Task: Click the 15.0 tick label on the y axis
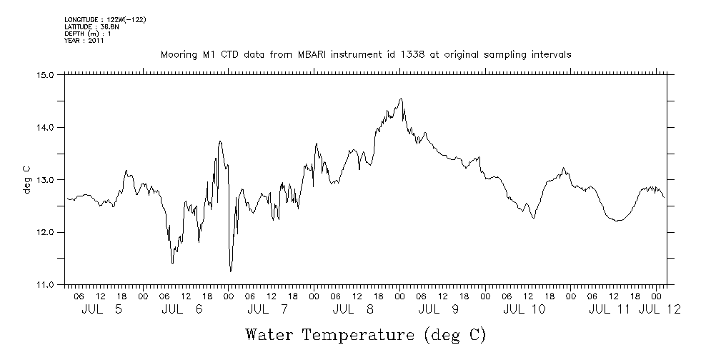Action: (x=45, y=74)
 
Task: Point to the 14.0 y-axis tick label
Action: (x=45, y=127)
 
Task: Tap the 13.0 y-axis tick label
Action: (x=45, y=179)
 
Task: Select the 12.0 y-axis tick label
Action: (x=45, y=232)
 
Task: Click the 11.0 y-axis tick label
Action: (x=45, y=285)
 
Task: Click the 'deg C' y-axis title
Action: (x=26, y=179)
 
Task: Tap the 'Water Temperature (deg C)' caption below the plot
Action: (x=366, y=334)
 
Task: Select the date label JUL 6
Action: (x=186, y=309)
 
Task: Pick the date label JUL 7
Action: (x=272, y=309)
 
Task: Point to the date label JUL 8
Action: (x=357, y=309)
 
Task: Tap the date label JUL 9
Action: (x=443, y=309)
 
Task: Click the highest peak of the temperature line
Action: (x=401, y=99)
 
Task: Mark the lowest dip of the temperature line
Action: (x=230, y=271)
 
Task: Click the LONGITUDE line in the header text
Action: (x=105, y=19)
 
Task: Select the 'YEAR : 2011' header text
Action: (x=84, y=41)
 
